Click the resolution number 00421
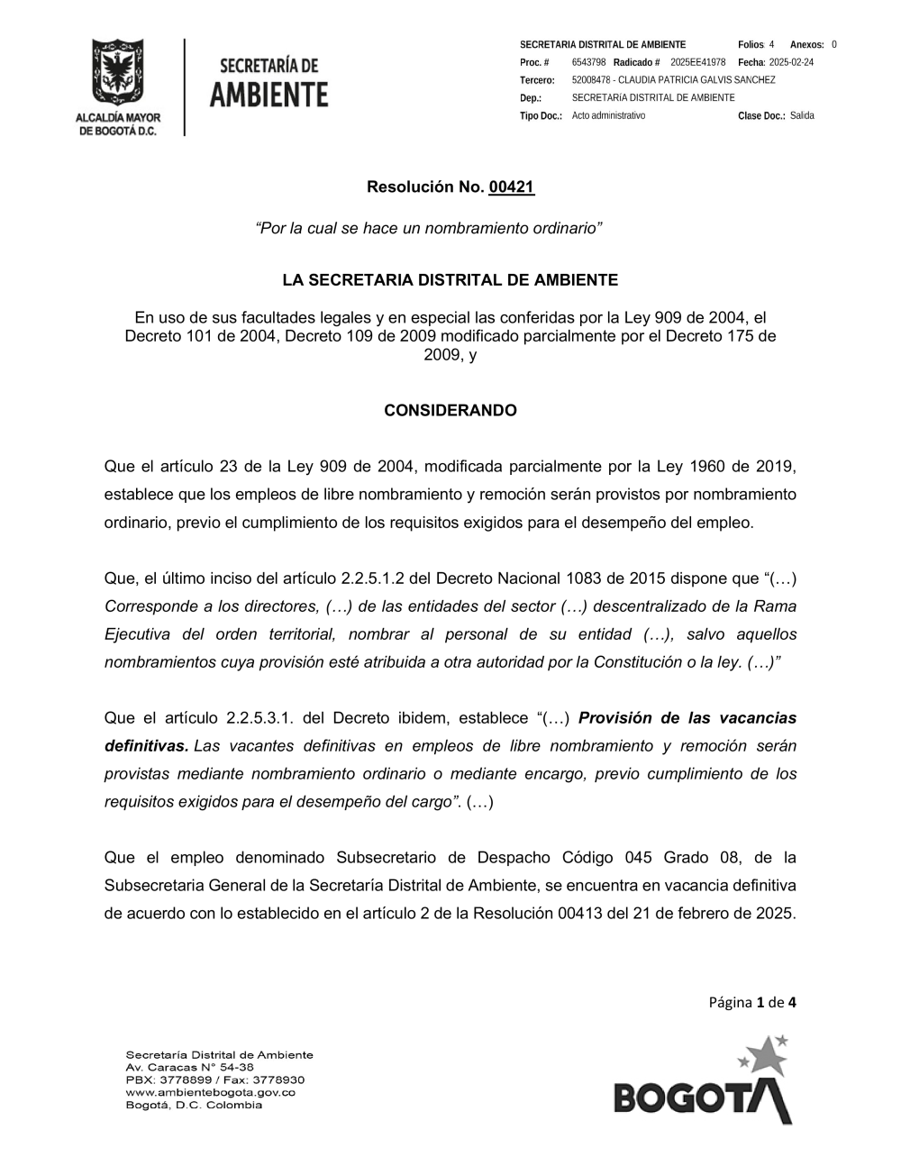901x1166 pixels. coord(511,187)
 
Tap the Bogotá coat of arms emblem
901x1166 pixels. coord(117,73)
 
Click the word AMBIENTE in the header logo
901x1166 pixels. coord(269,95)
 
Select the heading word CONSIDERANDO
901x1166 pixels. coord(450,411)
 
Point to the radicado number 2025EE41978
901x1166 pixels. coord(697,62)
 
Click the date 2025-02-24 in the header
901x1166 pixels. coord(791,62)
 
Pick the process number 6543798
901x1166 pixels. coord(588,62)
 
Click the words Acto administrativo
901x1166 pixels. coord(608,115)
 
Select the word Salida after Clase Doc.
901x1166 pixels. coord(802,115)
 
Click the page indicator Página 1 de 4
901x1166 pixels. coord(752,1002)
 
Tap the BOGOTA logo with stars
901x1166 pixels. coord(704,1081)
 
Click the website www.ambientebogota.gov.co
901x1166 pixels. coord(210,1092)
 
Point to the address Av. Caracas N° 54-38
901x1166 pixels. coord(189,1067)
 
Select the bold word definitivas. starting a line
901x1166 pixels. coord(146,746)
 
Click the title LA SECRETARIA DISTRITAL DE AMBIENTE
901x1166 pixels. coord(450,280)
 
